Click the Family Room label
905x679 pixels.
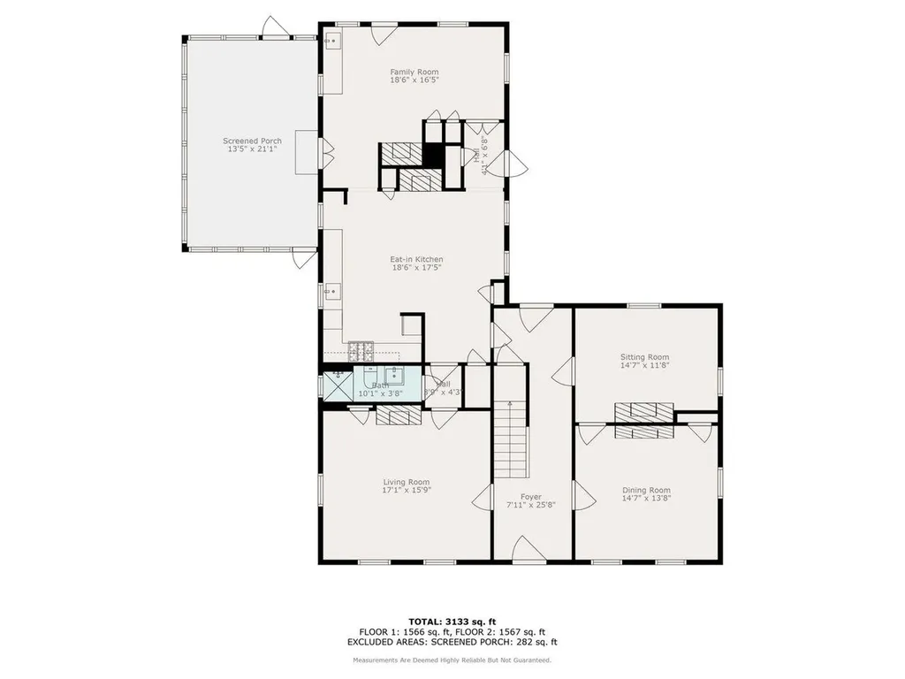coord(414,72)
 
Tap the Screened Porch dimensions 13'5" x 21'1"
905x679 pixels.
coord(252,149)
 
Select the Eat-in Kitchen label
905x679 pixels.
coord(416,259)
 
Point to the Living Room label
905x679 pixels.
coord(407,482)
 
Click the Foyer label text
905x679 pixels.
coord(531,497)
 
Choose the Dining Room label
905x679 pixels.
coord(646,490)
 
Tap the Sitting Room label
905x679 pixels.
coord(645,356)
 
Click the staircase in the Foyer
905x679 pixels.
coord(511,439)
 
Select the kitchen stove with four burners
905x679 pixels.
coord(361,352)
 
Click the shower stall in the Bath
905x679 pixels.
coord(336,385)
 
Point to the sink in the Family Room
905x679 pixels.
coord(333,41)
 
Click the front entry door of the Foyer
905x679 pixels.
coord(528,549)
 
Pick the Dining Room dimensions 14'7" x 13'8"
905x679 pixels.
coord(646,500)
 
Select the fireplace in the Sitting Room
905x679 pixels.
coord(644,410)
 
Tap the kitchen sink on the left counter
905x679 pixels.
coord(332,290)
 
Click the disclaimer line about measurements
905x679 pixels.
coord(452,660)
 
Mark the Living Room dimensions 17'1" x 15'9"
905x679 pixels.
coord(407,491)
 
